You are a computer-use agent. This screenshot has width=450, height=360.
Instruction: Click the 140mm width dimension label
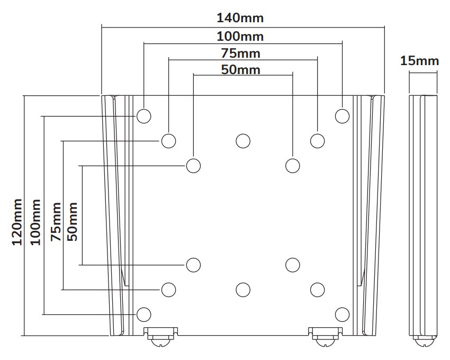coord(240,18)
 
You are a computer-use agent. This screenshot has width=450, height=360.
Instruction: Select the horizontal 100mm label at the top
coord(240,37)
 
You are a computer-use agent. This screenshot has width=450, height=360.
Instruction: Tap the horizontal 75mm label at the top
coord(240,53)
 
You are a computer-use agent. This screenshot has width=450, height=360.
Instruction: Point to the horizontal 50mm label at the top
coord(240,69)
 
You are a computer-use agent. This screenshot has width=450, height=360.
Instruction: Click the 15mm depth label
coord(419,61)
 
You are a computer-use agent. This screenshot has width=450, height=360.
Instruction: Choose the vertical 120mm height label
coord(17,221)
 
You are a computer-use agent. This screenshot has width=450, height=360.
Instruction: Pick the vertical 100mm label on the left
coord(36,221)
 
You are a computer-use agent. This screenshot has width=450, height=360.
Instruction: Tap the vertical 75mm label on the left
coord(56,221)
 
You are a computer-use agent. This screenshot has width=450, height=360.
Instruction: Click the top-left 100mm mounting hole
coord(143,115)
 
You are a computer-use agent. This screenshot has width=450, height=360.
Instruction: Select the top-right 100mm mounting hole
coord(343,115)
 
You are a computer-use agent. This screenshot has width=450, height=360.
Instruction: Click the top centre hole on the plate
coord(243,141)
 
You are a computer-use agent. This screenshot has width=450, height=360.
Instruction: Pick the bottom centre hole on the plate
coord(243,289)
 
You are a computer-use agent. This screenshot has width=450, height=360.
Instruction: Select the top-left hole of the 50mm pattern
coord(194,165)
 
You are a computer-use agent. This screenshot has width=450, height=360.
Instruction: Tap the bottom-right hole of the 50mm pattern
coord(292,264)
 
